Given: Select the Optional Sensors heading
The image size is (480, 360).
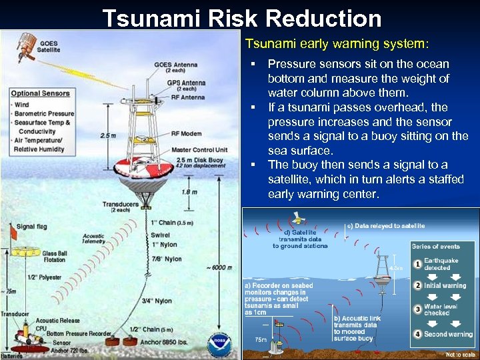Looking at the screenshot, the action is click(x=41, y=93).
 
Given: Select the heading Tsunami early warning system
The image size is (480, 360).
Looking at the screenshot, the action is click(x=337, y=44).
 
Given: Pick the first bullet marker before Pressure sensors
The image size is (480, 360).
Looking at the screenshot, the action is click(x=254, y=64).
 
